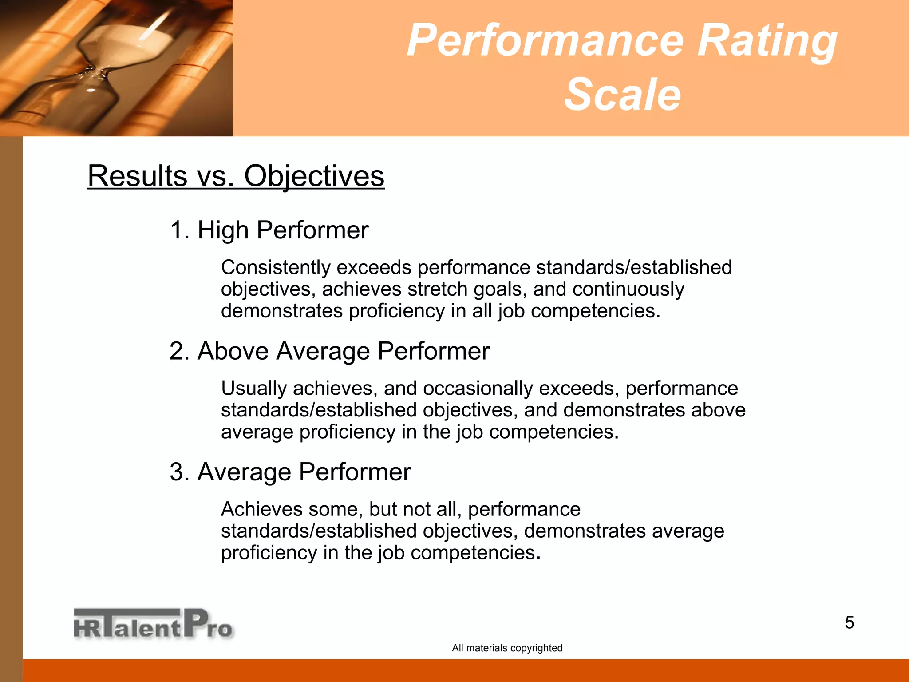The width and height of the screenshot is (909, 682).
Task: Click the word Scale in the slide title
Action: coord(622,95)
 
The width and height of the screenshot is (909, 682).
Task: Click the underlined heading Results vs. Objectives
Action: coord(236,176)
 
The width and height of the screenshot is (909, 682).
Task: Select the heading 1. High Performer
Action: coord(269,230)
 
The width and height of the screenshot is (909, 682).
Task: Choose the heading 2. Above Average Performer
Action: coord(329,351)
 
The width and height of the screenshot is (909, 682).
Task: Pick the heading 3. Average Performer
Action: coord(290,472)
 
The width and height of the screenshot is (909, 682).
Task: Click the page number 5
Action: coord(849,623)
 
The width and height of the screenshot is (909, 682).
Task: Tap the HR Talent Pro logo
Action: coord(153,624)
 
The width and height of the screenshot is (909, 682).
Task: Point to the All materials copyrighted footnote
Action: coord(507,648)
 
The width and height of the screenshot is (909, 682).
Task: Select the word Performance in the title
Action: coord(545,41)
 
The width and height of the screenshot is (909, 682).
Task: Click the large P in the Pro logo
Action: coord(196,623)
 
